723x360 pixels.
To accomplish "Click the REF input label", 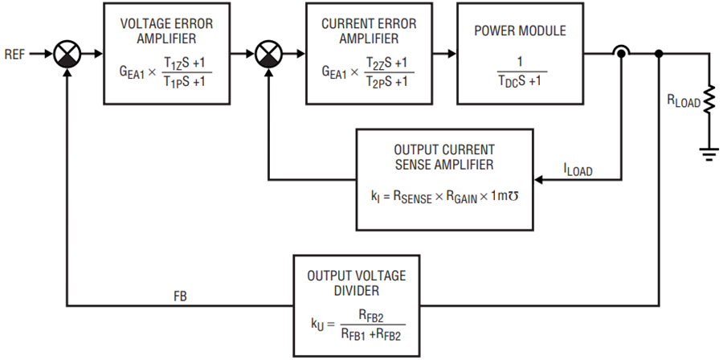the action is (x=14, y=55).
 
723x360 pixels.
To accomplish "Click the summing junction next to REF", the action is (x=67, y=54).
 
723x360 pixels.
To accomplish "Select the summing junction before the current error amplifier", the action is (x=268, y=54).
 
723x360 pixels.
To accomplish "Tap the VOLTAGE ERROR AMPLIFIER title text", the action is (x=166, y=31).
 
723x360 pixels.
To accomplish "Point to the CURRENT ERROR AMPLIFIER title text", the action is (x=369, y=31).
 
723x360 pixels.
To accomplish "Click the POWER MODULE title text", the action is (x=520, y=31).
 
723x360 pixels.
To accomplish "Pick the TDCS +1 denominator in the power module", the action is (x=521, y=82).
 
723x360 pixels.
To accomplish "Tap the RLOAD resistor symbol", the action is (x=709, y=100).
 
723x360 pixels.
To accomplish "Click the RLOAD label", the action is (x=683, y=102).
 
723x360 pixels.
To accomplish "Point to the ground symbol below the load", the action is (x=709, y=153).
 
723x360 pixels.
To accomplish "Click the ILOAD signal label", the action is (x=578, y=170).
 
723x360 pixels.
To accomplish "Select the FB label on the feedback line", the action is (x=180, y=297).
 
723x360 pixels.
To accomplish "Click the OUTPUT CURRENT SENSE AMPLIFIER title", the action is (x=444, y=157).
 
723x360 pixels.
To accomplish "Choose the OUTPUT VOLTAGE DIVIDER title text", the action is (x=357, y=283).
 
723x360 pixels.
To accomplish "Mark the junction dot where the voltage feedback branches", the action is (x=659, y=54).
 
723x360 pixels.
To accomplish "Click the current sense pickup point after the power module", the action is (x=621, y=54).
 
